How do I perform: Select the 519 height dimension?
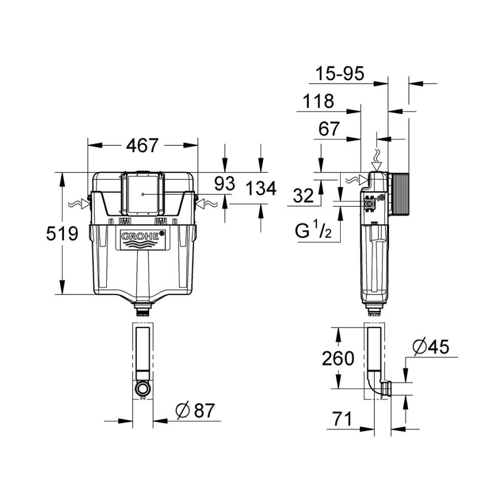(x=62, y=233)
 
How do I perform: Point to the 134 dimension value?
(x=260, y=189)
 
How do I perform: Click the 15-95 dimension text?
(x=340, y=74)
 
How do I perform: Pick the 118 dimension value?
(x=318, y=102)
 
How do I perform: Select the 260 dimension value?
(x=338, y=358)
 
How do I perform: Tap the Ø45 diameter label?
(x=430, y=347)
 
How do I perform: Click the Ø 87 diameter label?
(x=195, y=411)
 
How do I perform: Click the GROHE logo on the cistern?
(x=142, y=236)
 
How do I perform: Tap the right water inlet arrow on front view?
(x=207, y=204)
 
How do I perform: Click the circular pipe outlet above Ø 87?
(x=143, y=388)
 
